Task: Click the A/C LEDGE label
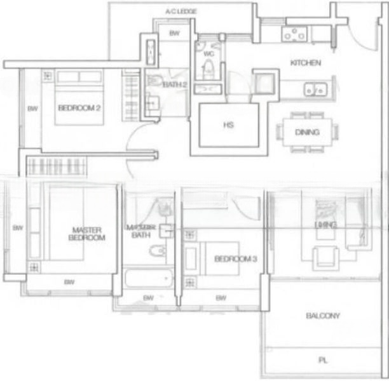[x=181, y=12]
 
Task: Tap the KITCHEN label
[x=305, y=63]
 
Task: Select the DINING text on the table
[x=307, y=133]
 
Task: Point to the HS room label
[x=229, y=125]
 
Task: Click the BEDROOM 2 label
[x=79, y=108]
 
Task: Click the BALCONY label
[x=323, y=316]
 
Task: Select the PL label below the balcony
[x=323, y=360]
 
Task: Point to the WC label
[x=208, y=54]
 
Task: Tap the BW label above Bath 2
[x=174, y=33]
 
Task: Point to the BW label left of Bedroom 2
[x=33, y=109]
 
